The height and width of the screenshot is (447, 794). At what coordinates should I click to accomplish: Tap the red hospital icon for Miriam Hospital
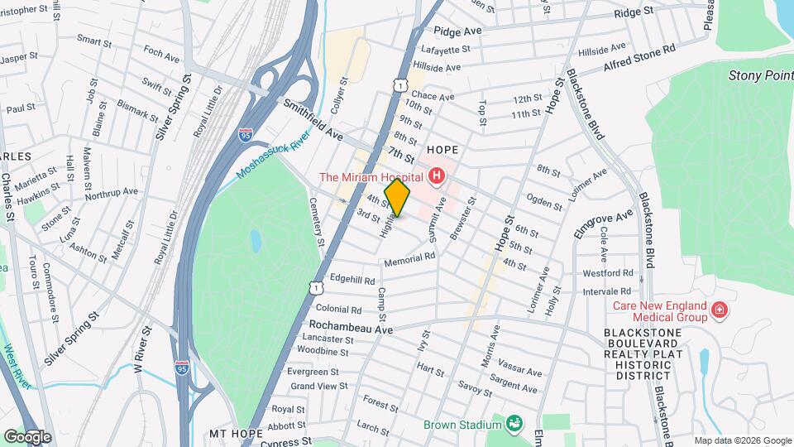pos(436,176)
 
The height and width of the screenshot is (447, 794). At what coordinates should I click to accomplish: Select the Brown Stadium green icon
pos(516,425)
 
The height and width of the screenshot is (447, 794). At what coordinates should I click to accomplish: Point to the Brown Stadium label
pos(462,425)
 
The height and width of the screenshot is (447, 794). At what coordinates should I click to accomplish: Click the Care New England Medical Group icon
pos(720,311)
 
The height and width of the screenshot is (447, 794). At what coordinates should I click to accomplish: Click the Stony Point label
pos(760,75)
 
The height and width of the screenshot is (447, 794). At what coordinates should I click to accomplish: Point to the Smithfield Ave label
pos(313,119)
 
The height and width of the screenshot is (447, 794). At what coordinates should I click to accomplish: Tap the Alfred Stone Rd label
pos(639,49)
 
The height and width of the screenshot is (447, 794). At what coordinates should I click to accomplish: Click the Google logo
pos(26,436)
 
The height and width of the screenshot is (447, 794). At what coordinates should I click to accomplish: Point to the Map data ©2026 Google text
pos(742,440)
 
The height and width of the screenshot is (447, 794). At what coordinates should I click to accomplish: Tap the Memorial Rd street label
pos(409,258)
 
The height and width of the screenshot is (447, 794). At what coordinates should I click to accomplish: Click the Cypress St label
pos(283,443)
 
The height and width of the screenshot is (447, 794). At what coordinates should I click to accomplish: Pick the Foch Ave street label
pos(161,59)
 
